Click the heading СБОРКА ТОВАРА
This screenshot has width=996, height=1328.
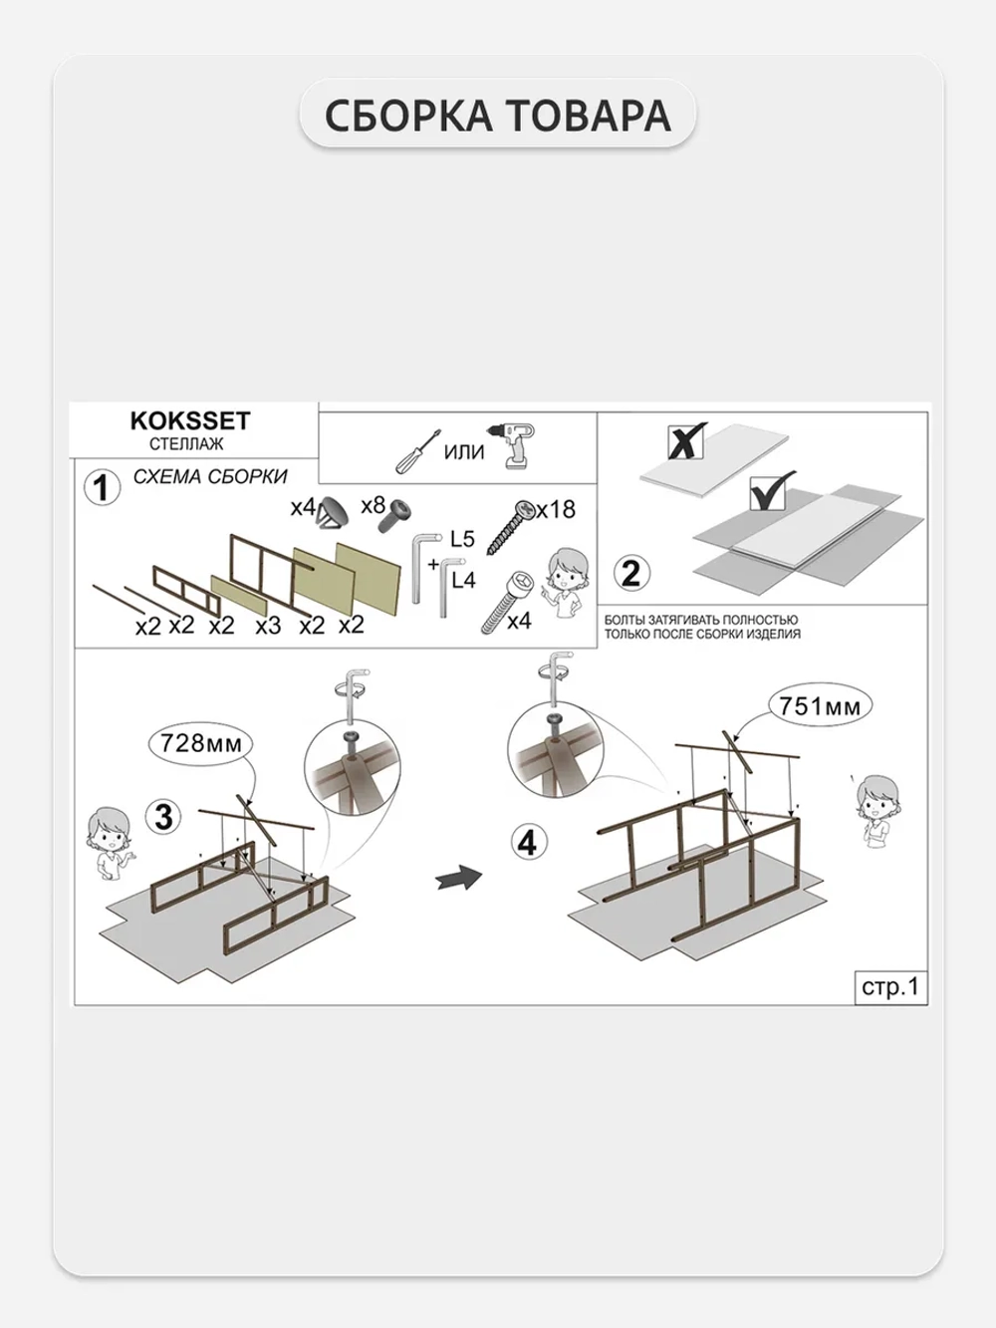[498, 115]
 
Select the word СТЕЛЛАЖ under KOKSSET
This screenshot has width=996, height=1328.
[186, 444]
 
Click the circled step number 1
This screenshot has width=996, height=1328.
[102, 489]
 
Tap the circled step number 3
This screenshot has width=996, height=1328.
[163, 817]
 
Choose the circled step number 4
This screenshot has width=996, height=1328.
[529, 843]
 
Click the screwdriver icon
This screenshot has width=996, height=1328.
[417, 450]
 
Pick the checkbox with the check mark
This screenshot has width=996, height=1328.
[768, 492]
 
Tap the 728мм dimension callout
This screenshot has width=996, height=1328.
[201, 743]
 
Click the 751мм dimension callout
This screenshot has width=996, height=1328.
[820, 706]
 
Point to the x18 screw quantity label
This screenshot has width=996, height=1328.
[557, 509]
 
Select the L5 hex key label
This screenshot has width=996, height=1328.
[462, 538]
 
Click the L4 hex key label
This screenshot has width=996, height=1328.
[464, 580]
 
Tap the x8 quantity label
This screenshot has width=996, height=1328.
[373, 505]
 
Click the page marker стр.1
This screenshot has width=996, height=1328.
[890, 986]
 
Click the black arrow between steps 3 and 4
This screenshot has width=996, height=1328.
[459, 878]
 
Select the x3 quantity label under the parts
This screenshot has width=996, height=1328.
[268, 626]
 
